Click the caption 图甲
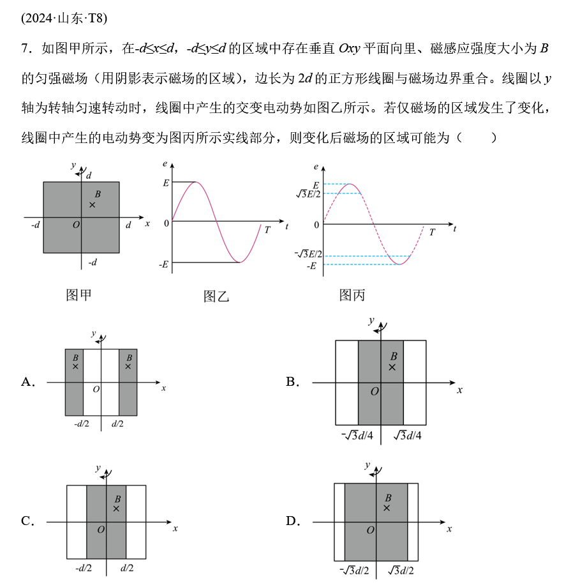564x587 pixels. click(79, 294)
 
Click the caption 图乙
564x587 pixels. click(216, 296)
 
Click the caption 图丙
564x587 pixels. click(352, 294)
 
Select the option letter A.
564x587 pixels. click(27, 382)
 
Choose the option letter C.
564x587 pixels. click(27, 521)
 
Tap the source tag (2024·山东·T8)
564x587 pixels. click(64, 18)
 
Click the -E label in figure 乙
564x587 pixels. click(164, 263)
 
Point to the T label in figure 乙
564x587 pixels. click(267, 230)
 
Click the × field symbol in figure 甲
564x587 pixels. click(93, 204)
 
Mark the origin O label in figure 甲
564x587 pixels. click(76, 224)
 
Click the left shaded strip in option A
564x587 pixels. click(74, 382)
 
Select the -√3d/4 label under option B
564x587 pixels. click(358, 436)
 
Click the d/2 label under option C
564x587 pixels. click(127, 568)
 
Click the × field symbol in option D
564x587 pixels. click(387, 508)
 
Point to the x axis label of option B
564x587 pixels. click(459, 390)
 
